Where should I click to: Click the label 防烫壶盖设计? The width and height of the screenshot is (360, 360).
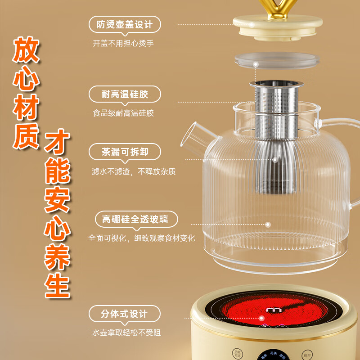pyautogui.click(x=125, y=24)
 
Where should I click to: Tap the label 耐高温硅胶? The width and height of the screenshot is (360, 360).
pyautogui.click(x=125, y=94)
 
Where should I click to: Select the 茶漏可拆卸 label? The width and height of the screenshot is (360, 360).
pyautogui.click(x=125, y=152)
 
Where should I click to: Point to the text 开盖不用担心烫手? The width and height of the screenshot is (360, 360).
pyautogui.click(x=120, y=44)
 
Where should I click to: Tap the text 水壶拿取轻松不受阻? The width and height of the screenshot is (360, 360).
pyautogui.click(x=126, y=333)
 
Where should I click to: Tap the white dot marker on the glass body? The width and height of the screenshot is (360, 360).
pyautogui.click(x=268, y=224)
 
